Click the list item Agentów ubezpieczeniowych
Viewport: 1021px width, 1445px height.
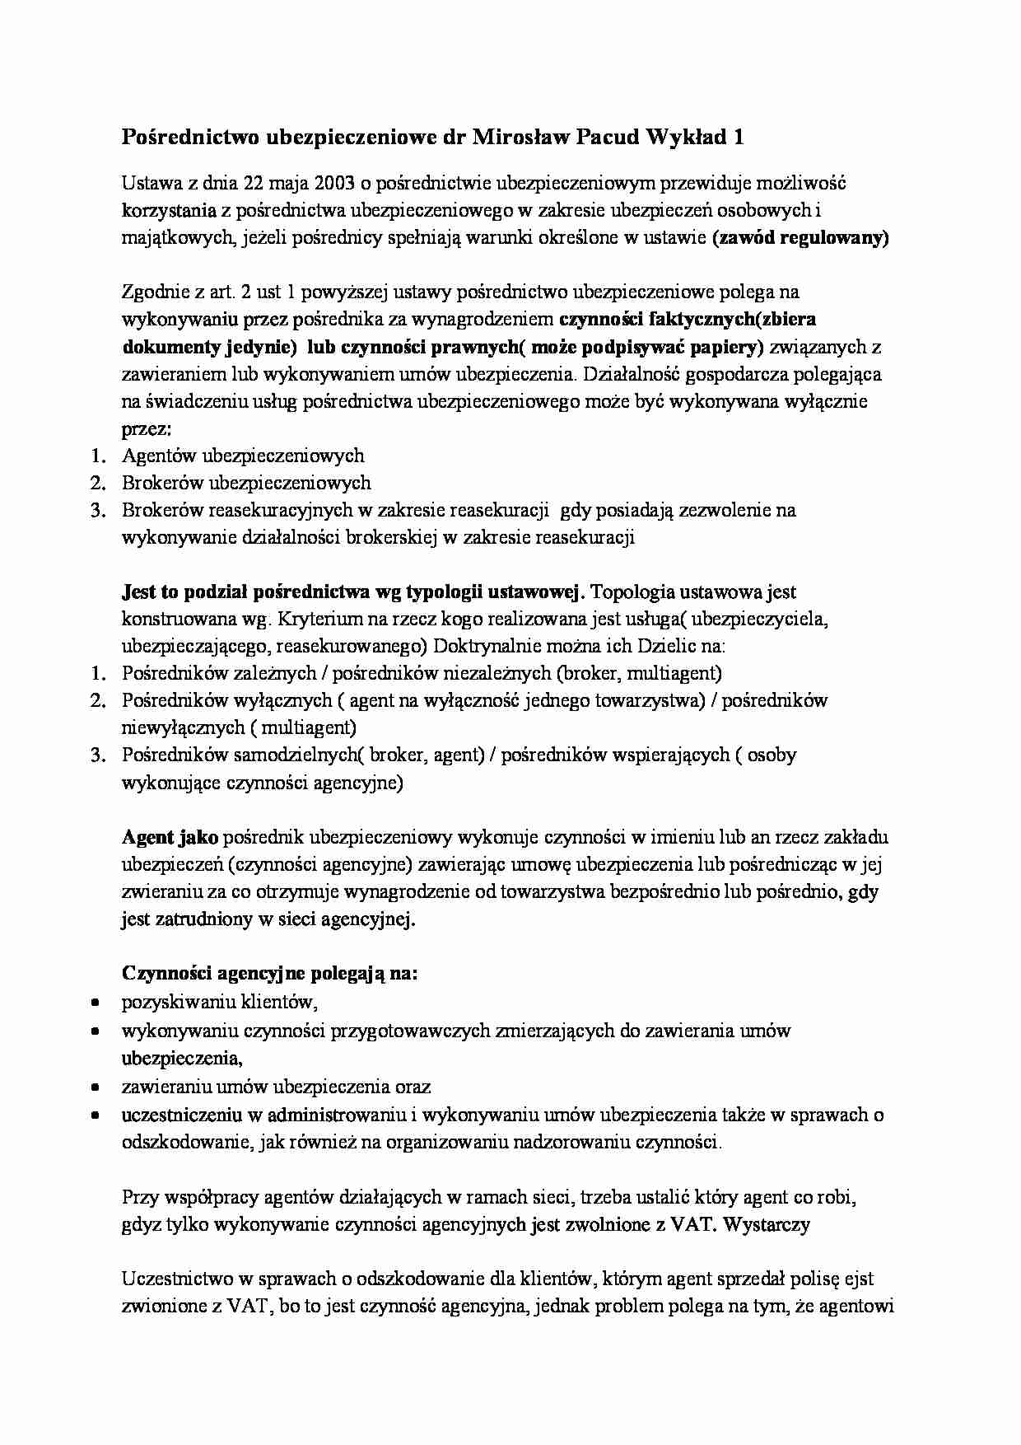coord(243,456)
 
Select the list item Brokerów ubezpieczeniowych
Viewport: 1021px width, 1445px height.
coord(246,483)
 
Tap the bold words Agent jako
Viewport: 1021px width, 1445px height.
coord(170,838)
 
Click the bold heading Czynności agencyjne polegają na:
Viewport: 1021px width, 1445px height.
coord(270,974)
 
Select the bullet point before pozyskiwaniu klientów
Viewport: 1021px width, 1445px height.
coord(96,1003)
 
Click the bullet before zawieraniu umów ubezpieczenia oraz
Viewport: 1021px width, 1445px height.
coord(96,1088)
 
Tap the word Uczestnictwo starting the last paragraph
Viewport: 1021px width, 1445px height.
coord(175,1279)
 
